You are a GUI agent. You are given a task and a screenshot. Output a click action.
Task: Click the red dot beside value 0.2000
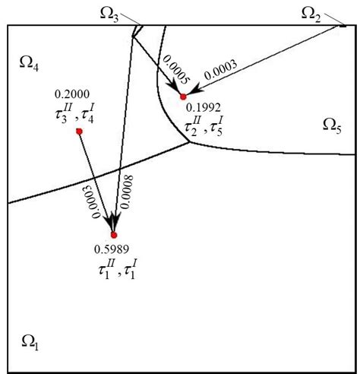(79, 132)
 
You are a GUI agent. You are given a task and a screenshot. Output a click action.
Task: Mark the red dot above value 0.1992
(182, 97)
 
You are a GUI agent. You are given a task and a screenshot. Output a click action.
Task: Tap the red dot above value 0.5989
(115, 235)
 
